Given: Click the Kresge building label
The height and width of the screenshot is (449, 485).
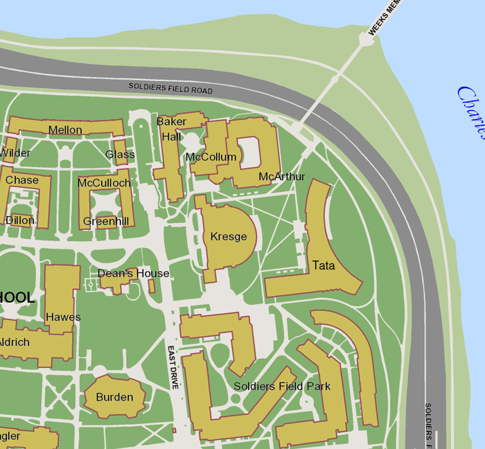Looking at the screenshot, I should coord(229,237).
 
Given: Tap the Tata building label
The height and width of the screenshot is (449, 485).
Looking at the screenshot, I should coord(324,265).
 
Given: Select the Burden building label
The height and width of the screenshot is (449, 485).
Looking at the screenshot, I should coord(114,397).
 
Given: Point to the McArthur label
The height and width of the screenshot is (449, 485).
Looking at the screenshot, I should coord(281,177).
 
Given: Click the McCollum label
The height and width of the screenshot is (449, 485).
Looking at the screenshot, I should coord(211,157).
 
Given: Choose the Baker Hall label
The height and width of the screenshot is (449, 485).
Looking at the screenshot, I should coord(171,129).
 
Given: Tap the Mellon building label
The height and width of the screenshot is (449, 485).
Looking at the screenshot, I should coord(65,130).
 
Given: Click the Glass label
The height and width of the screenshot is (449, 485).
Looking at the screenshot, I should coord(120,154).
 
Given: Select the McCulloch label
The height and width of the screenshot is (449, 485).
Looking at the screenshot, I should coord(104,183).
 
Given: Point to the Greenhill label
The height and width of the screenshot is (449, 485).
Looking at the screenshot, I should coord(106,222).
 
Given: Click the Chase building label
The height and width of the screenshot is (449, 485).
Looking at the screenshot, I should coord(22,180).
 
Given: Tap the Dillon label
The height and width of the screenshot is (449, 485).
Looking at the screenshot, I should coord(19,220).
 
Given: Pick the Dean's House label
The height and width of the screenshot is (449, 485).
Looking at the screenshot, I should coord(133,274).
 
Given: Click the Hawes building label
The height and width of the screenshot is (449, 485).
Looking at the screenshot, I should coord(63,317).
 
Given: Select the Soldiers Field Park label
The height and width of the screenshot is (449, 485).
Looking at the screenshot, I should coord(282,386).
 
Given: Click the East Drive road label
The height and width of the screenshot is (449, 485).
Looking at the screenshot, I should coord(174,367).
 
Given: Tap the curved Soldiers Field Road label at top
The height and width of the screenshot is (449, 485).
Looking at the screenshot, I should coord(170,89).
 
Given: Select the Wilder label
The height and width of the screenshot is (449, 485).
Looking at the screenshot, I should coord(15,152).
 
